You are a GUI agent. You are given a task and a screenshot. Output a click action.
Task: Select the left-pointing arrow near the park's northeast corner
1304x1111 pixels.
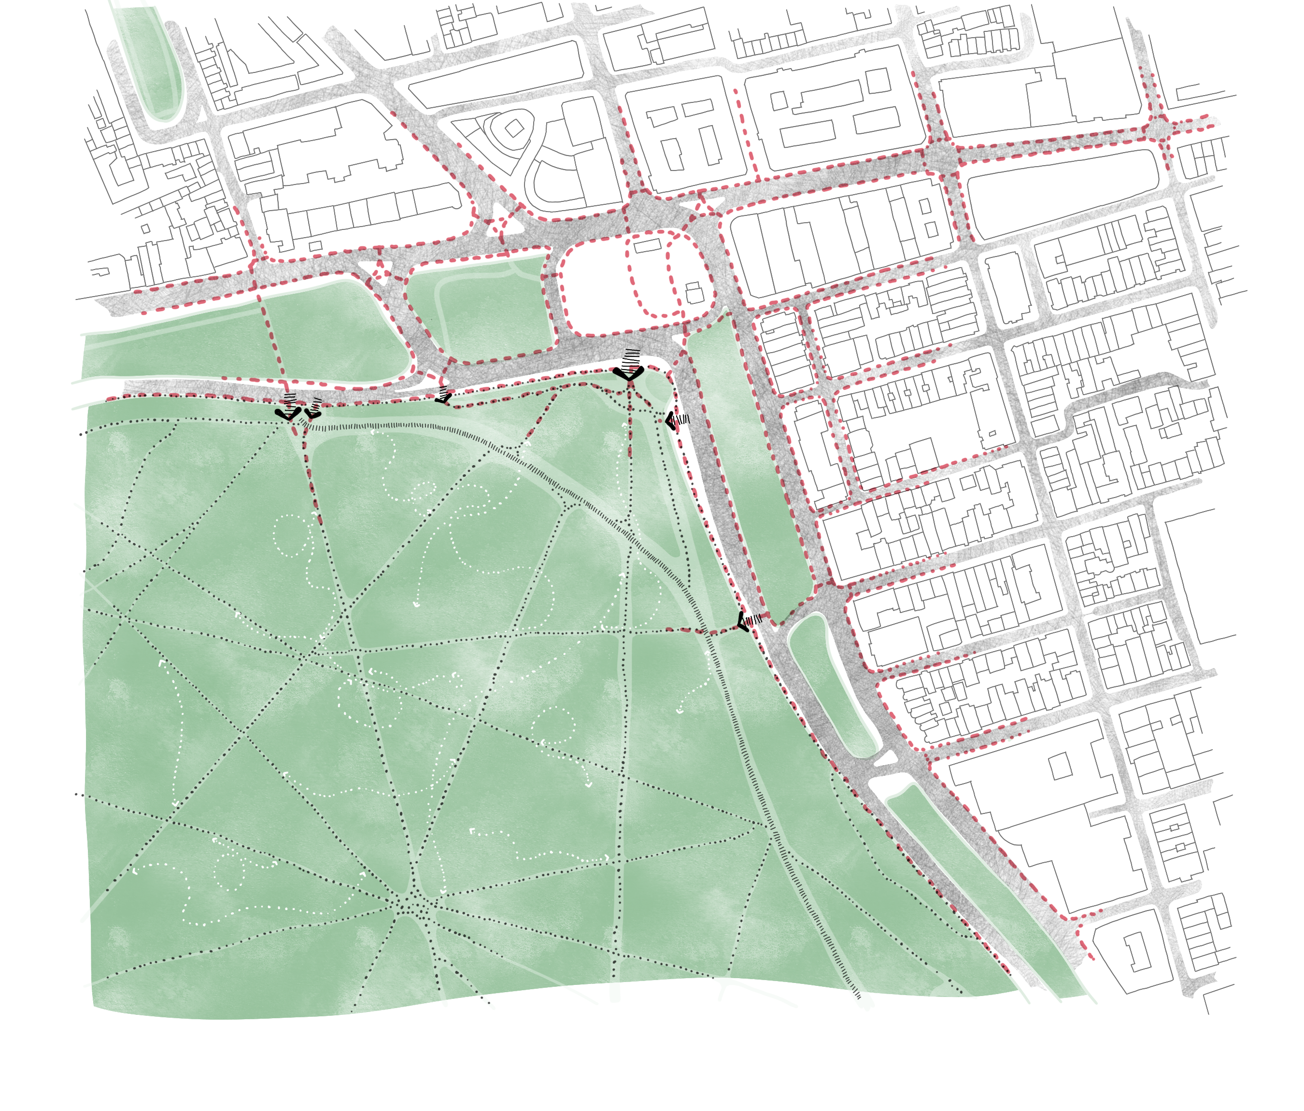671,420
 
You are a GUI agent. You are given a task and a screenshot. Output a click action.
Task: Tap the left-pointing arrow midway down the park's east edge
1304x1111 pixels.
743,621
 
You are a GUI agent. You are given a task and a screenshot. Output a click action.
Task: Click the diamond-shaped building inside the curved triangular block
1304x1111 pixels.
514,128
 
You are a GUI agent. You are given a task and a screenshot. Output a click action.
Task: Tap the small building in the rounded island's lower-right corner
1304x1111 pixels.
694,293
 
